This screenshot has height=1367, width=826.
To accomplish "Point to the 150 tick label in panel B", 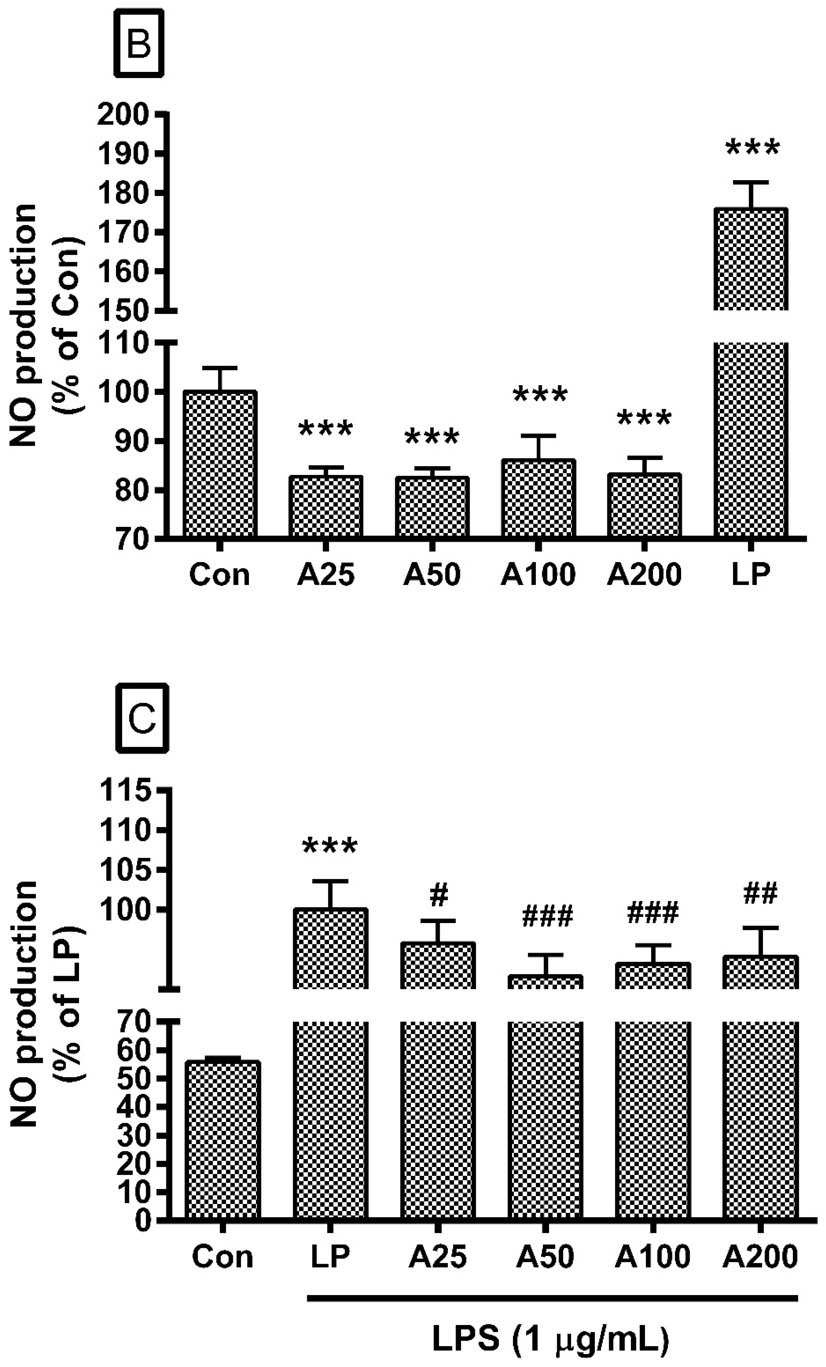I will coord(124,311).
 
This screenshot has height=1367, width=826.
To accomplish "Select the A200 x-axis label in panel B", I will coord(643,575).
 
